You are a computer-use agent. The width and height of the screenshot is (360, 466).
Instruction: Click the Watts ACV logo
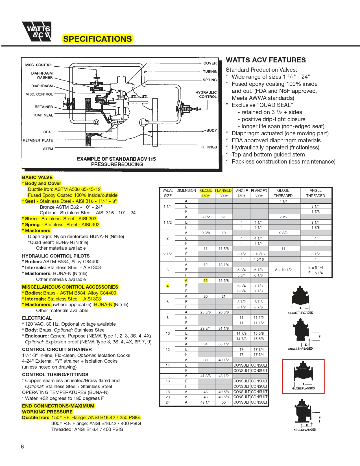click(37, 31)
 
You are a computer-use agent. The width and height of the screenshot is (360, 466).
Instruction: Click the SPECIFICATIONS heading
click(97, 39)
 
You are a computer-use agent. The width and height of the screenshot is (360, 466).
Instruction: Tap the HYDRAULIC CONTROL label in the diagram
click(206, 94)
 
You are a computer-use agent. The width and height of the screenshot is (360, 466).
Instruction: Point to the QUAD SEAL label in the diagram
click(43, 115)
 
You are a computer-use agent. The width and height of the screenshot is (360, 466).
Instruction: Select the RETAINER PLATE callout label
click(38, 140)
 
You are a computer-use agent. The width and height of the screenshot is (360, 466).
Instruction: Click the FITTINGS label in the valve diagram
click(209, 147)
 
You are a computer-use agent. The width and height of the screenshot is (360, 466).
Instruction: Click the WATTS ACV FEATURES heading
click(266, 60)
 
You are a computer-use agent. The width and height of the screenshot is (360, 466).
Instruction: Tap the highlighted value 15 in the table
click(206, 280)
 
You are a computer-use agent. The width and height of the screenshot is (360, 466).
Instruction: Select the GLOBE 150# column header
click(206, 193)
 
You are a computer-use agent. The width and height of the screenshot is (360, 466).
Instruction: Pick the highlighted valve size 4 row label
click(167, 286)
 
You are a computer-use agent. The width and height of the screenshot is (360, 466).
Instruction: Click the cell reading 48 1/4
click(206, 402)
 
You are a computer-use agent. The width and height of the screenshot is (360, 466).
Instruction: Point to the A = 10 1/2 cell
click(283, 270)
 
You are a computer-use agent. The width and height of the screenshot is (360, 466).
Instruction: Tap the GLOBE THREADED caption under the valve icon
click(300, 313)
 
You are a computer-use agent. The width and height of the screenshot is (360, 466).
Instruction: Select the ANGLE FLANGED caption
click(305, 430)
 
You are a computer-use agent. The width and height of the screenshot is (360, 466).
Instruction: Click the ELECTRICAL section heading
click(37, 318)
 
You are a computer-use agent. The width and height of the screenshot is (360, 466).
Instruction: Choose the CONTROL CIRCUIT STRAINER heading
click(57, 349)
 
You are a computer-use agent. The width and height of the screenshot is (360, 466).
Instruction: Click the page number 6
click(22, 447)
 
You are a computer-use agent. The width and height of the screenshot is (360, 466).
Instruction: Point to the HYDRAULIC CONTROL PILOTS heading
click(56, 256)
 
